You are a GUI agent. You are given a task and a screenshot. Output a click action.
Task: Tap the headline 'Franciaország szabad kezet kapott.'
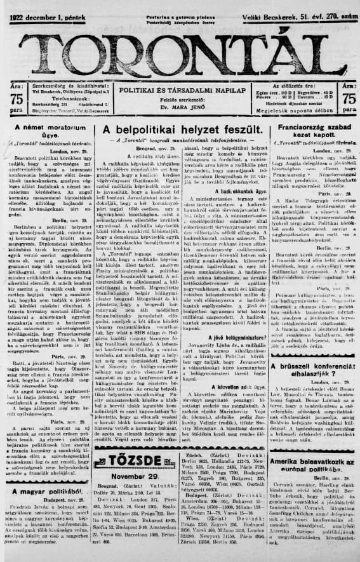[x=312, y=131]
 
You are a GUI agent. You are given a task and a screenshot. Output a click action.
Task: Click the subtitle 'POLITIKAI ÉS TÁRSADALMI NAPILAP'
[x=179, y=91]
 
